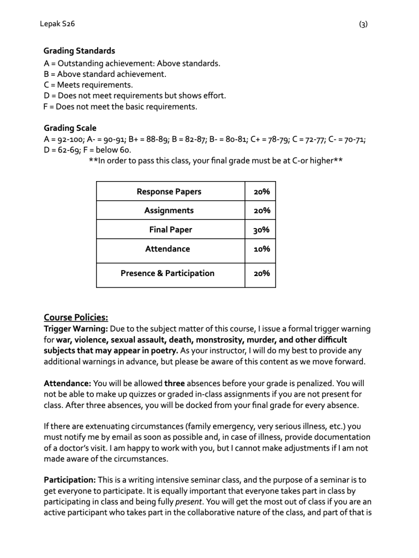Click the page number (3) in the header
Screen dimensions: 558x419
[x=363, y=24]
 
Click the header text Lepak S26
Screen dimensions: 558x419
[x=58, y=24]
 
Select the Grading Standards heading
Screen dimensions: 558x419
[x=79, y=51]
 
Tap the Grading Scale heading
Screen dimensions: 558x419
[x=70, y=128]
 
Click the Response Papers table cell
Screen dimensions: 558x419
[x=169, y=191]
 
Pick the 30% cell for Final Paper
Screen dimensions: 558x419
[x=261, y=230]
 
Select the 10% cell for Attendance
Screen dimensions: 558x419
[x=261, y=249]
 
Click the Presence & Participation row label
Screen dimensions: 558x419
[x=167, y=273]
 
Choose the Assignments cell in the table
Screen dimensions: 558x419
[x=169, y=211]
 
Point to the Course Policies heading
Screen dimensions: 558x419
[x=76, y=317]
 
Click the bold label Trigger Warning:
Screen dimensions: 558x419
[x=76, y=329]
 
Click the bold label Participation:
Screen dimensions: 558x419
[x=70, y=480]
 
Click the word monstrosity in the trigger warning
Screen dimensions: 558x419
[x=208, y=340]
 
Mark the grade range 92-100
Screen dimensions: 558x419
[x=67, y=139]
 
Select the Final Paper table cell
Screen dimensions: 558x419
[x=171, y=230]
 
